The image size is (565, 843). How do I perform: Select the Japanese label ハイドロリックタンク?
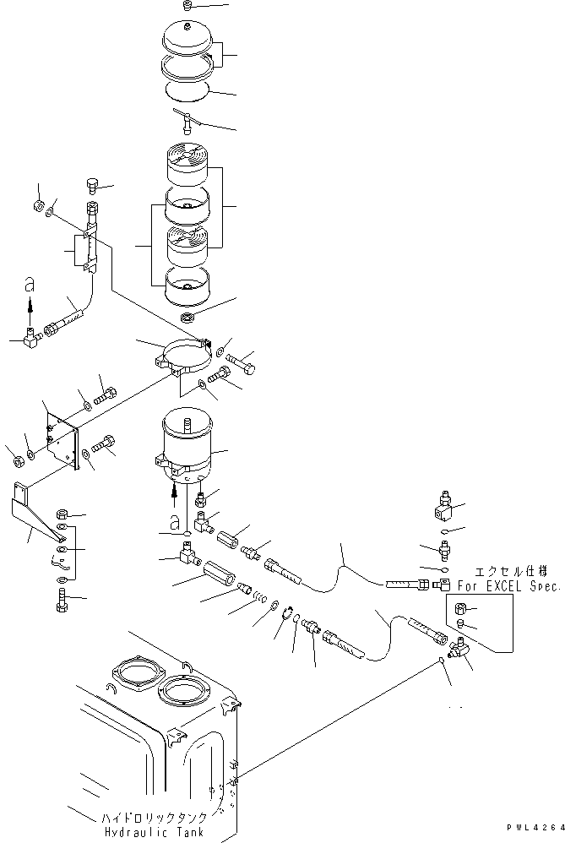[x=154, y=819]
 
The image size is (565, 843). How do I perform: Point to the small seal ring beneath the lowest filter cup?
[x=188, y=318]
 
